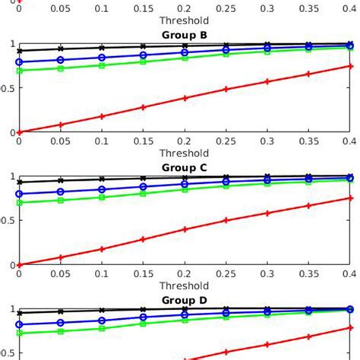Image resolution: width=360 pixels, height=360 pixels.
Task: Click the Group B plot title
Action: pyautogui.click(x=185, y=34)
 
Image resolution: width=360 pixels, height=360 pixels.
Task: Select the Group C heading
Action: pyautogui.click(x=185, y=167)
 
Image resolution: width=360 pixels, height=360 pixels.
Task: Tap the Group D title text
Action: pyautogui.click(x=185, y=300)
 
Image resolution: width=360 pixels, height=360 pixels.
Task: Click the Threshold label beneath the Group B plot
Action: pyautogui.click(x=185, y=153)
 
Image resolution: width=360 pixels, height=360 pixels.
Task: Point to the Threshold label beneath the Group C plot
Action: pyautogui.click(x=185, y=286)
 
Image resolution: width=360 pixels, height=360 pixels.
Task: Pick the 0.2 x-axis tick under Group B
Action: pyautogui.click(x=185, y=142)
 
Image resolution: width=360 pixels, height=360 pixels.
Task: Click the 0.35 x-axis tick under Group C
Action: pyautogui.click(x=308, y=275)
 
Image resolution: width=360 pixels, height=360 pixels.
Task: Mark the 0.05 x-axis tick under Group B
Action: pyautogui.click(x=61, y=142)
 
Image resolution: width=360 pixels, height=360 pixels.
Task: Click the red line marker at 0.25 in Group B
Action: pyautogui.click(x=226, y=90)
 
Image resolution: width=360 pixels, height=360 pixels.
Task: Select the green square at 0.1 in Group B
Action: pyautogui.click(x=102, y=65)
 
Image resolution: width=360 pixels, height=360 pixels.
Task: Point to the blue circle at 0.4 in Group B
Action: pyautogui.click(x=349, y=46)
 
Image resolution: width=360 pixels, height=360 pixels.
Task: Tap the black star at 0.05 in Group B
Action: pyautogui.click(x=61, y=49)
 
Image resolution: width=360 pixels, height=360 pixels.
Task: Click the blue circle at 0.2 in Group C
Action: pyautogui.click(x=185, y=184)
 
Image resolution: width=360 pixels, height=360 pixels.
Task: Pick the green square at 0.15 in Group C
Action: pyautogui.click(x=143, y=194)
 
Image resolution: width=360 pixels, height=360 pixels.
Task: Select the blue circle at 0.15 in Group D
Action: pyautogui.click(x=143, y=317)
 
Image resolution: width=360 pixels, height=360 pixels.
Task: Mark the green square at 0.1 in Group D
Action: pyautogui.click(x=102, y=328)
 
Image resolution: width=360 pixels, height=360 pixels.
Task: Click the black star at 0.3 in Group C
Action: pyautogui.click(x=267, y=178)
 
